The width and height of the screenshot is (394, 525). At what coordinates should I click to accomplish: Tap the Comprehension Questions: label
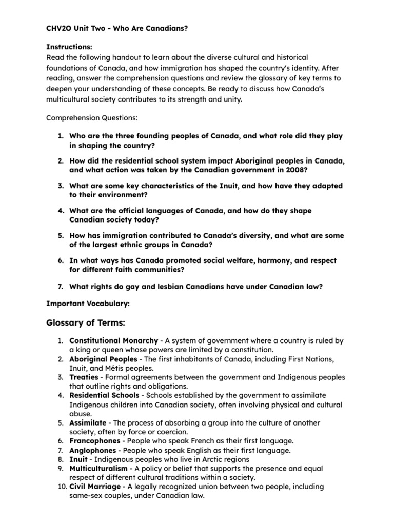point(92,117)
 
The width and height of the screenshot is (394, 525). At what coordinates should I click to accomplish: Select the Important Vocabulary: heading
point(88,304)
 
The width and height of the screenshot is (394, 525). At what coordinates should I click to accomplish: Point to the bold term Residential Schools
point(105,395)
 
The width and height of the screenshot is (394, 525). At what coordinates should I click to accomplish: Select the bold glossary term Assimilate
point(88,423)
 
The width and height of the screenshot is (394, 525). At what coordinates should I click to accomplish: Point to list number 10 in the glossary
point(61,487)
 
